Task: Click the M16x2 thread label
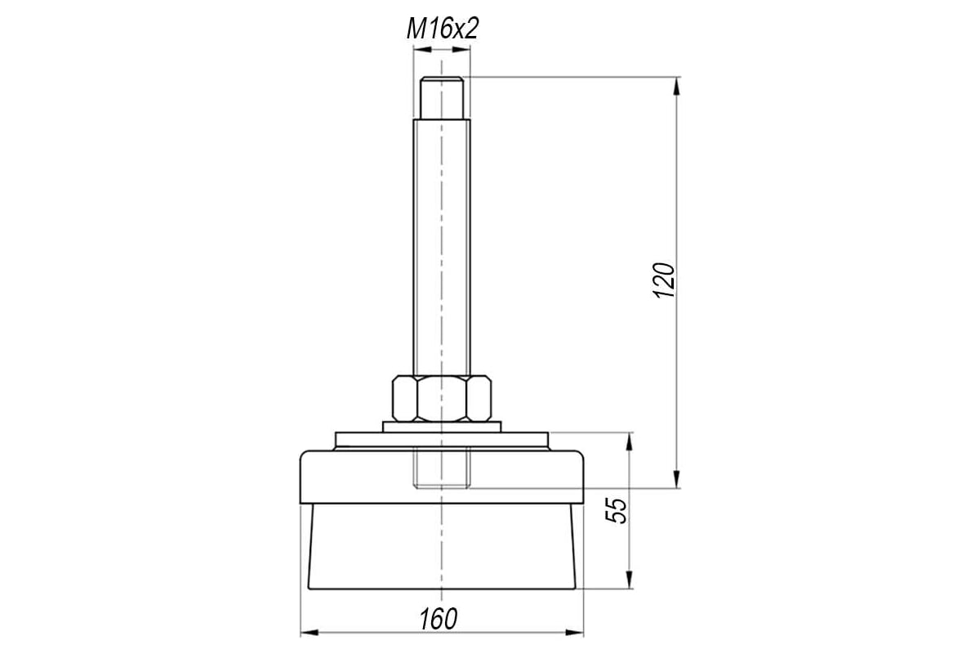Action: (443, 29)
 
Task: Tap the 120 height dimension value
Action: (663, 280)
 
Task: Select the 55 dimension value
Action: (616, 510)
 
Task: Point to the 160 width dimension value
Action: (438, 619)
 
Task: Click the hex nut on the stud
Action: (442, 399)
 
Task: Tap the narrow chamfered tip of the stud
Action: (442, 97)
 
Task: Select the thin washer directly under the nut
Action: (442, 427)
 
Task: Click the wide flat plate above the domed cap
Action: (442, 441)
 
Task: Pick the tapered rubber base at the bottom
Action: (442, 547)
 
